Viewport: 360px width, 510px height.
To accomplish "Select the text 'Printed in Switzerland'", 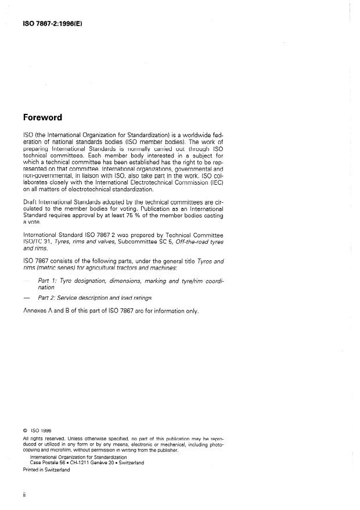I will click(46, 470).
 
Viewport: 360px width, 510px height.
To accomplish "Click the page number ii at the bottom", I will click(24, 496).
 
